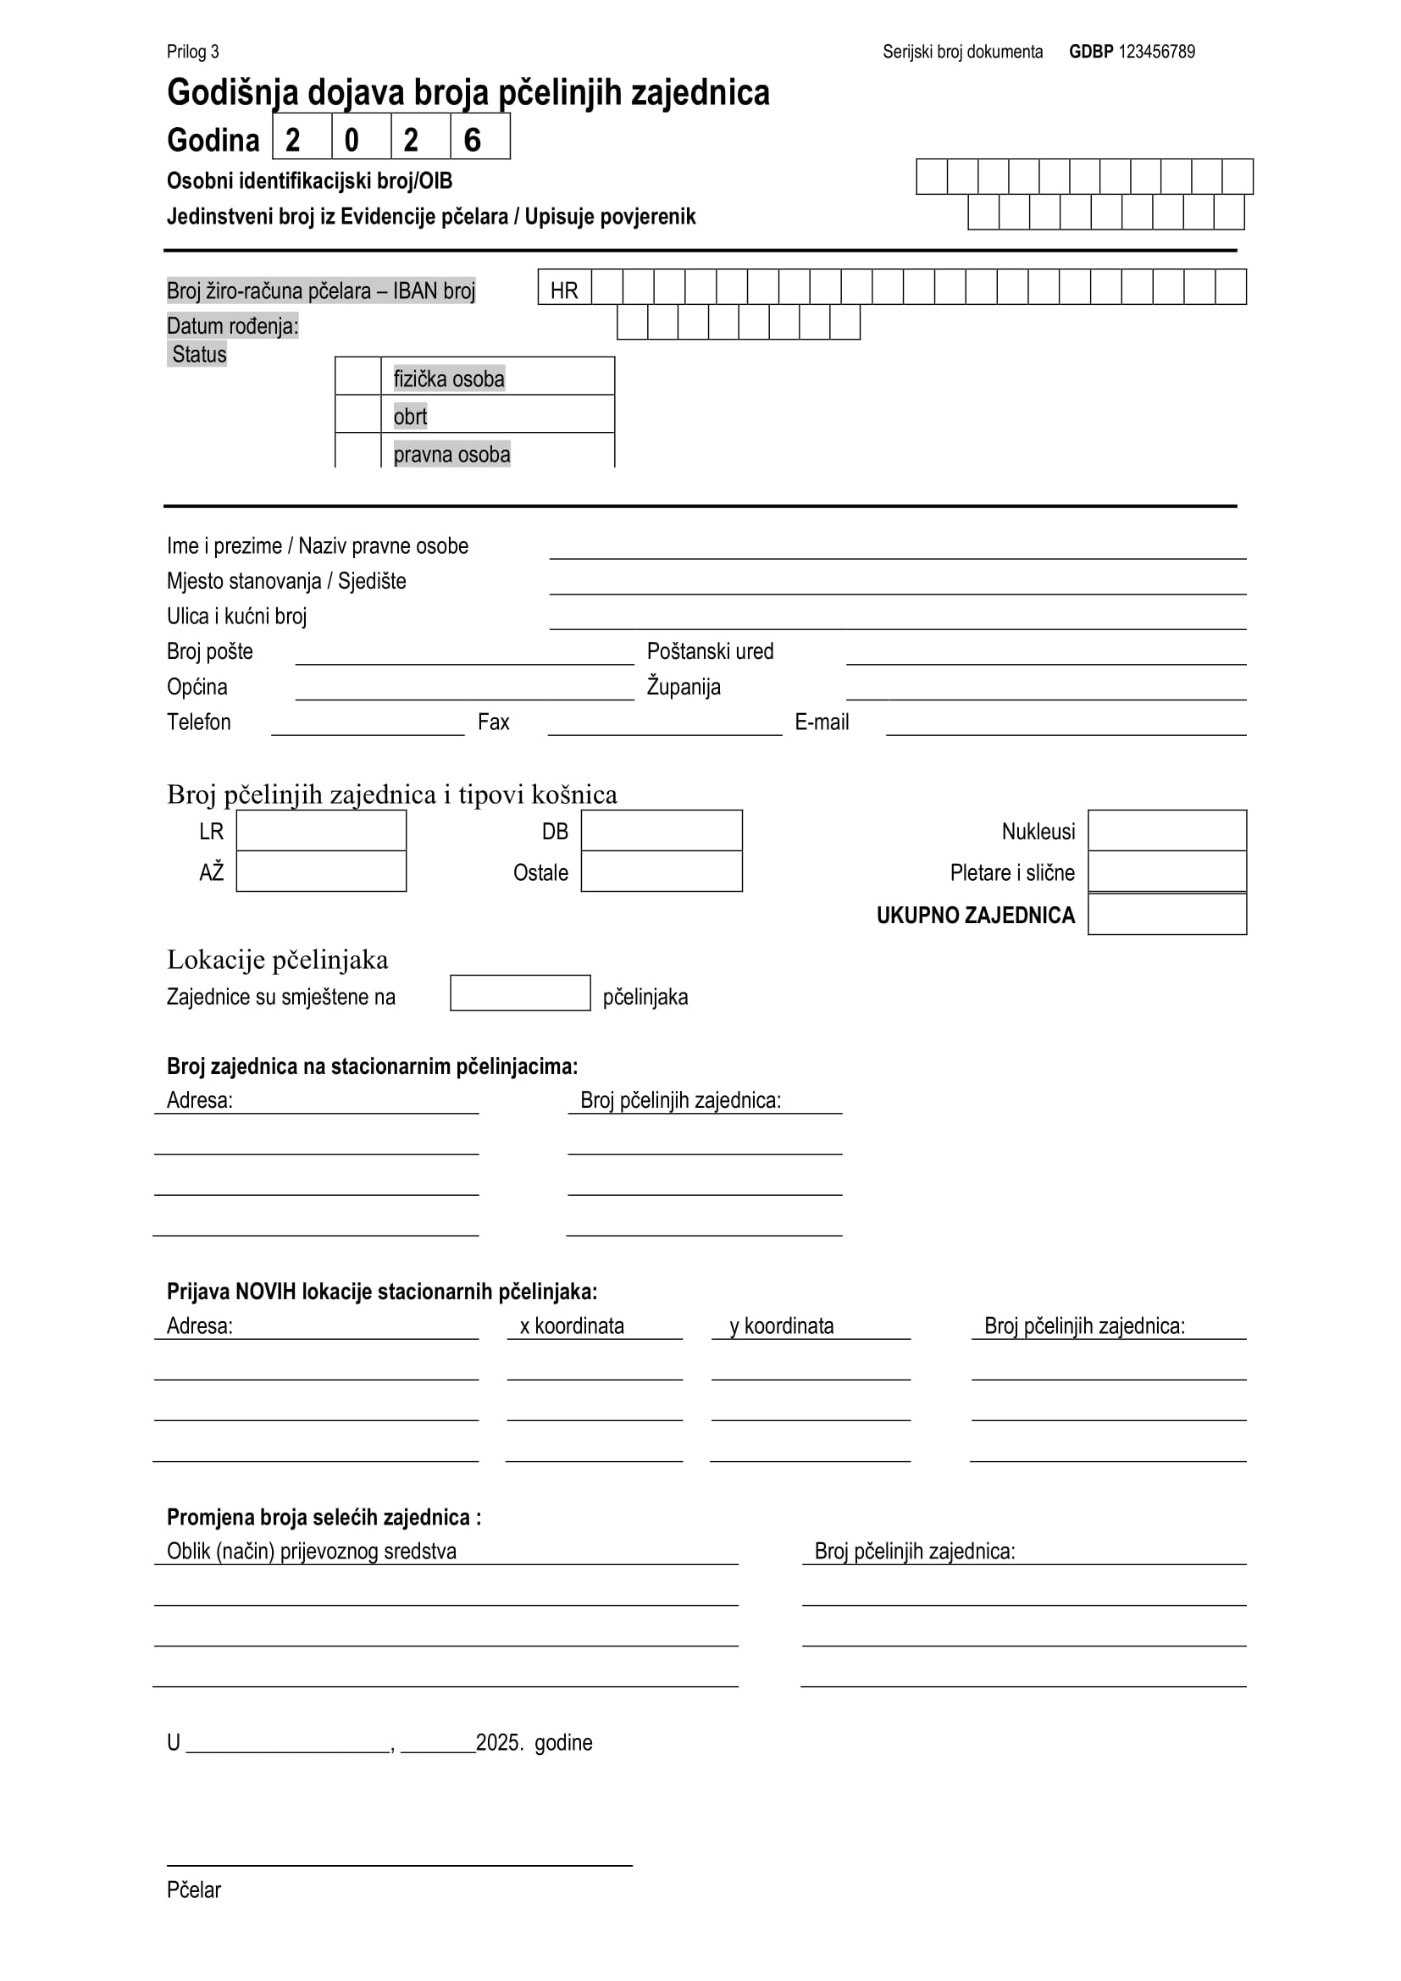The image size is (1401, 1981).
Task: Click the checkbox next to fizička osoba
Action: point(358,376)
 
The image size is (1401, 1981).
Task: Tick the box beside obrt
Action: point(358,414)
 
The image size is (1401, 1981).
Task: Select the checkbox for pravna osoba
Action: point(358,451)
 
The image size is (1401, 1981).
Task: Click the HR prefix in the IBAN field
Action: point(564,290)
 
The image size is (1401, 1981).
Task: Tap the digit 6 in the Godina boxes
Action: point(473,140)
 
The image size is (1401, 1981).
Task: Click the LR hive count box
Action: point(321,830)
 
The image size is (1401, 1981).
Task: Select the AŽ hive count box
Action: point(321,872)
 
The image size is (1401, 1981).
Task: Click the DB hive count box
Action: point(662,830)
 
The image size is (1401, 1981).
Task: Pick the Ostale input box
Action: point(662,872)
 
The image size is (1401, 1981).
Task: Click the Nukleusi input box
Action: point(1167,830)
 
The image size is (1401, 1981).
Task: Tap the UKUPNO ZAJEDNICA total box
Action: point(1167,915)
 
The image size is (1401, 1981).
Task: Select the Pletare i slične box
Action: point(1167,872)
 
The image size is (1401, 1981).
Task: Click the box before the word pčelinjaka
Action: point(520,993)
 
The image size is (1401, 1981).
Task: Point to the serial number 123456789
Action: point(1156,52)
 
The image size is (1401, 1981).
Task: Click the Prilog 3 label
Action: point(192,52)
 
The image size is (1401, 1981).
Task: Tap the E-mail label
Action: point(822,722)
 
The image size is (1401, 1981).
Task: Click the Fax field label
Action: point(494,722)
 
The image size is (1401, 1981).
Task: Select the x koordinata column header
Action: point(572,1326)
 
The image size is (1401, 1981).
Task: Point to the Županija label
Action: point(684,687)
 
